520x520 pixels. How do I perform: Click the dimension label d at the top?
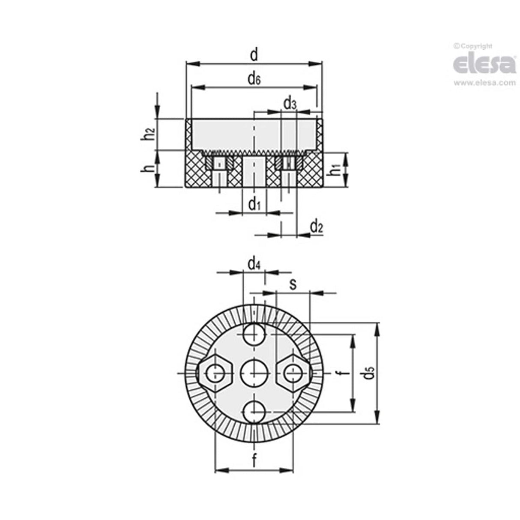(x=254, y=55)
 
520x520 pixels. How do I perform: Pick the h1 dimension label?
(x=337, y=170)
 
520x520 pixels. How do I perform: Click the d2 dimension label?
(x=316, y=226)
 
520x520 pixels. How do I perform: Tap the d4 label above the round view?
(x=254, y=264)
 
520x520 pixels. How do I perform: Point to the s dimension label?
(x=293, y=284)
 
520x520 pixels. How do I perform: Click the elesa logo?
(x=484, y=63)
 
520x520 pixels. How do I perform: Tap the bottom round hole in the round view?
(x=254, y=412)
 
